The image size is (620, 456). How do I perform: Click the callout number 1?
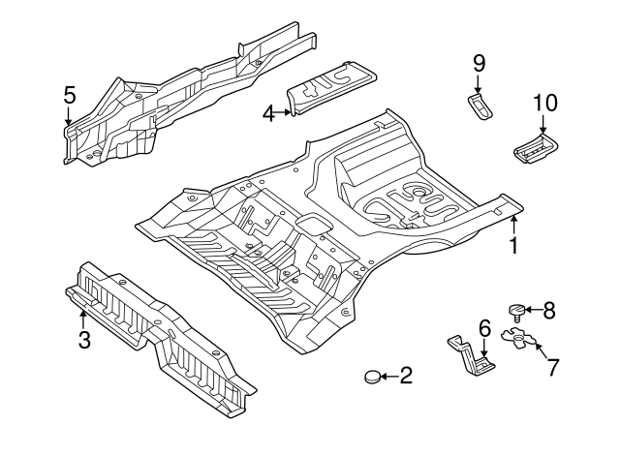click(x=513, y=246)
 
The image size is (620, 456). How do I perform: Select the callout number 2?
click(x=406, y=376)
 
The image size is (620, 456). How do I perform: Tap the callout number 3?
click(x=84, y=340)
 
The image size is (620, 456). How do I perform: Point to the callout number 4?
click(x=268, y=113)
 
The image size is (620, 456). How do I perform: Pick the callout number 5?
click(x=69, y=95)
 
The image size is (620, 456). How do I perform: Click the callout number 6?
click(x=484, y=329)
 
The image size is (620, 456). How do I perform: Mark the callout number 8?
click(x=549, y=310)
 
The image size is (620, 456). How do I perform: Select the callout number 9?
click(x=479, y=63)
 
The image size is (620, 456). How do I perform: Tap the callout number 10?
click(x=545, y=103)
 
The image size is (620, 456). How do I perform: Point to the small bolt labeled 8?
click(x=517, y=311)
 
